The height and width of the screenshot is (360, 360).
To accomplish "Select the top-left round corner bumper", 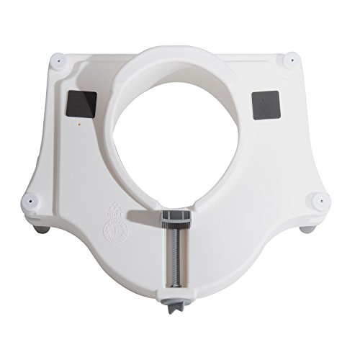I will pos(57,63).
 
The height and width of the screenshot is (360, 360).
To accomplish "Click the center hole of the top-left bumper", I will pos(57,63).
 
